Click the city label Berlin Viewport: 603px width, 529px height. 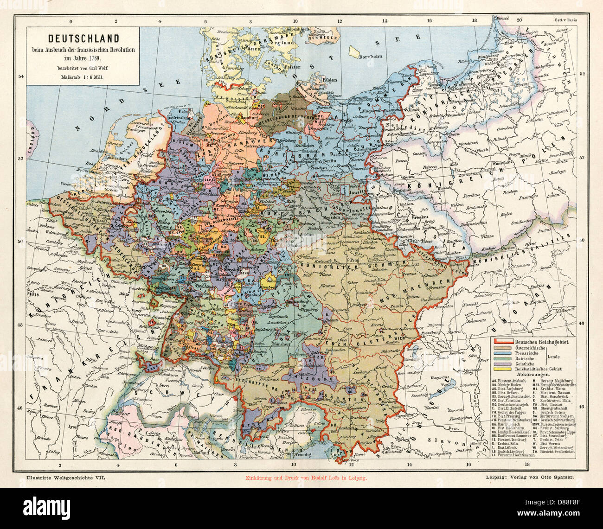tap(330, 160)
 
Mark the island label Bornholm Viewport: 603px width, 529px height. tap(370, 57)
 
